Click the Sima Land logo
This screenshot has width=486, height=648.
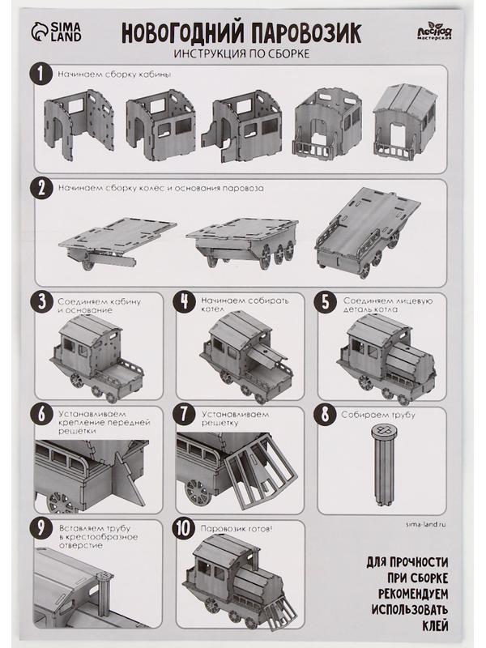click(x=56, y=32)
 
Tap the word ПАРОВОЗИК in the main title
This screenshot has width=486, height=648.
click(x=306, y=33)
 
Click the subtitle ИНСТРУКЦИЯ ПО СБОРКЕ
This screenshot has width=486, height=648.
click(x=241, y=53)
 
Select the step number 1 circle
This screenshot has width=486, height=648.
click(x=41, y=75)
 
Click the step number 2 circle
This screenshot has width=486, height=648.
click(x=41, y=189)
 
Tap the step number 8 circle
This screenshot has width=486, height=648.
click(x=326, y=415)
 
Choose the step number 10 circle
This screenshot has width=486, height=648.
click(x=183, y=528)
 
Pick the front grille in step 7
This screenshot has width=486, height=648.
click(x=261, y=471)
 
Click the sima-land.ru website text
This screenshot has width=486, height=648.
click(x=426, y=524)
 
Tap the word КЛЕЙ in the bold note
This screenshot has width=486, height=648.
click(x=435, y=625)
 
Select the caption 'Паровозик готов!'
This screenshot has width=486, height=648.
click(x=236, y=529)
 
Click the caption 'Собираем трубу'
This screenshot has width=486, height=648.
click(x=377, y=415)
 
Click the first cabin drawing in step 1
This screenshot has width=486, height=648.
click(x=79, y=125)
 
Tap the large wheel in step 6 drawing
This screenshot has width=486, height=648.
click(x=62, y=501)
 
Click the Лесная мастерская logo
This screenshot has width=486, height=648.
click(x=433, y=32)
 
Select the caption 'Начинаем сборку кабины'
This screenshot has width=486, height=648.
click(x=114, y=75)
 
